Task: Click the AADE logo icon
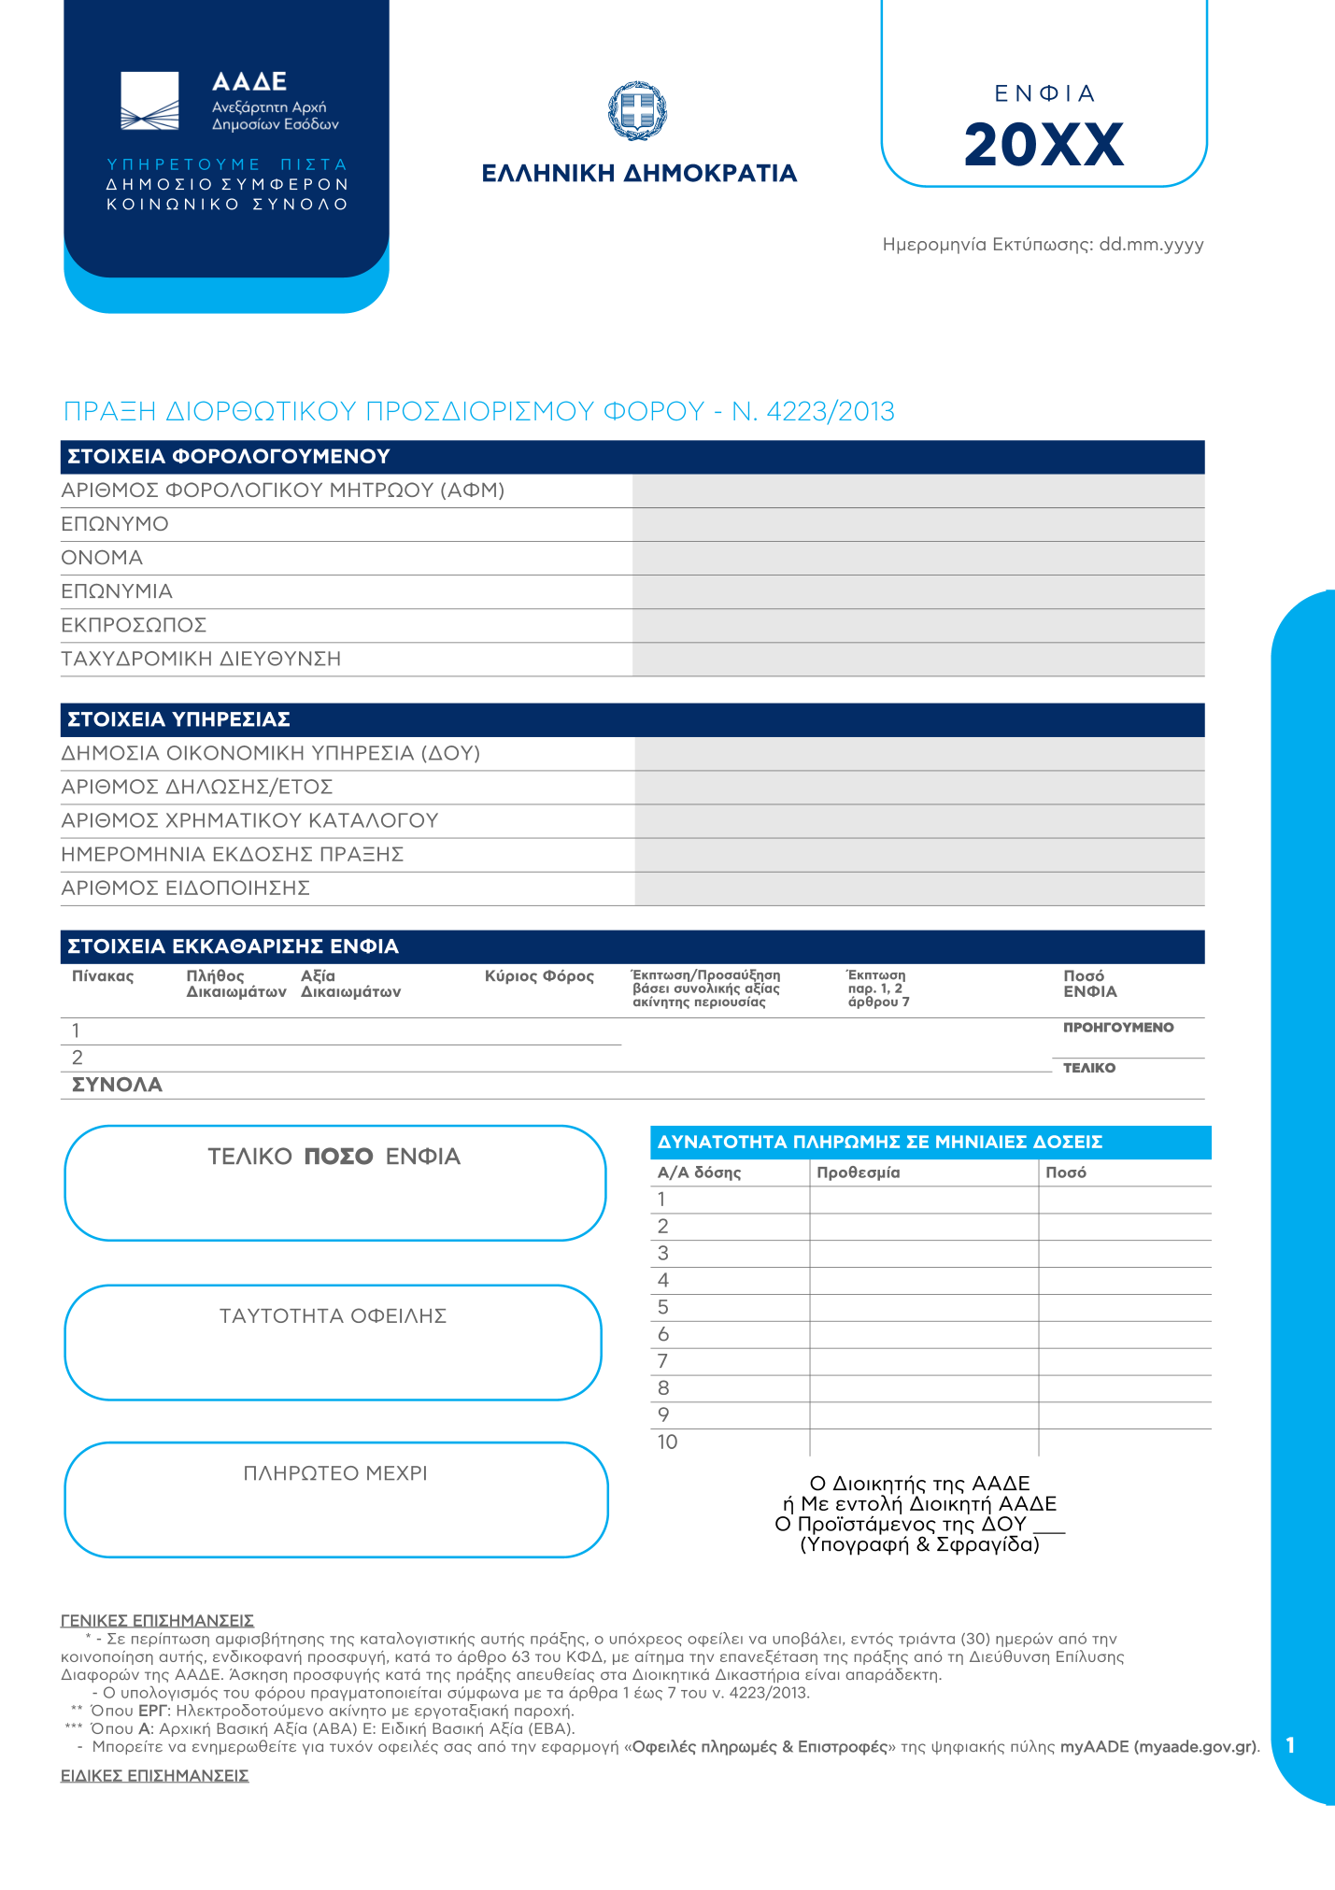click(x=149, y=101)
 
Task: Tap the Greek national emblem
click(x=638, y=110)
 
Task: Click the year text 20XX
click(x=1044, y=145)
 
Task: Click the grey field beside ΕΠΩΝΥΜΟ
click(x=917, y=524)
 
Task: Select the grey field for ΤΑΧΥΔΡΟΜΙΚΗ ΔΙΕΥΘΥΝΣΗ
click(x=917, y=659)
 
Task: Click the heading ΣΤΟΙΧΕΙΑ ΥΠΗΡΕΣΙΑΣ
click(x=178, y=719)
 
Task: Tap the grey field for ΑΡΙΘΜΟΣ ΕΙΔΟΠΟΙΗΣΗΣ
click(x=919, y=888)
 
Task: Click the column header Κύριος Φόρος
click(x=539, y=976)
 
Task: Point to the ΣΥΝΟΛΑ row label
click(x=117, y=1085)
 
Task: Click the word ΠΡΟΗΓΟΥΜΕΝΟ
click(x=1118, y=1028)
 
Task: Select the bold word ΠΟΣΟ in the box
click(x=338, y=1157)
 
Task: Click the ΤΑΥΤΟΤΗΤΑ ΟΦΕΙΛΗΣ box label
click(x=333, y=1316)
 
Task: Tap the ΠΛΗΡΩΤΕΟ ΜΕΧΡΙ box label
click(x=335, y=1473)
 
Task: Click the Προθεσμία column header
click(x=858, y=1172)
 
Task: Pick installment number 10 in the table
click(x=667, y=1442)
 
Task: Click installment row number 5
click(x=663, y=1307)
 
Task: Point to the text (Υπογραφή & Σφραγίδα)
click(x=919, y=1545)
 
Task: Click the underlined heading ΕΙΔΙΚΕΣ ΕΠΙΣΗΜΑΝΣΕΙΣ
click(x=154, y=1775)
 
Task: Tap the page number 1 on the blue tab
click(x=1290, y=1745)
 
